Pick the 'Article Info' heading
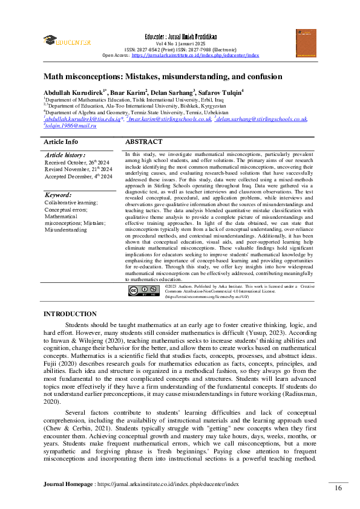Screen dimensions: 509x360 tap(61, 142)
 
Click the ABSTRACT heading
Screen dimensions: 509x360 tap(143, 142)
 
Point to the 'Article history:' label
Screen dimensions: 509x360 tap(65, 155)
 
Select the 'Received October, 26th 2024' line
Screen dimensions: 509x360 tap(77, 163)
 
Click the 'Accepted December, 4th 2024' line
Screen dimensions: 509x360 tap(78, 177)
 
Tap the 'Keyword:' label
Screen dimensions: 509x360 tap(58, 195)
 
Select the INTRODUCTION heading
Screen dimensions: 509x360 tap(70, 314)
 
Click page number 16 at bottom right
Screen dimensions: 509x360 tap(338, 488)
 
